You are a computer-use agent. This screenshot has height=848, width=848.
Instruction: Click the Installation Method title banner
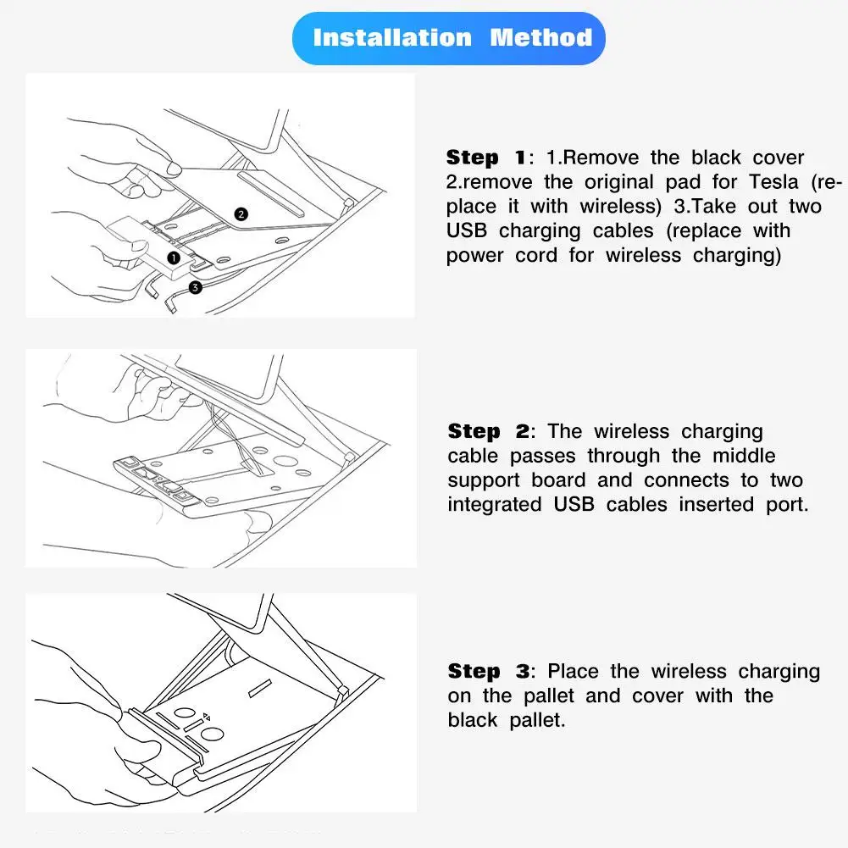point(449,38)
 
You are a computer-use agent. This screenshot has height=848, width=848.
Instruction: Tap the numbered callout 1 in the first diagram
point(173,256)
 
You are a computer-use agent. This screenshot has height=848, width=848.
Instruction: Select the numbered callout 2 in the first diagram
point(241,214)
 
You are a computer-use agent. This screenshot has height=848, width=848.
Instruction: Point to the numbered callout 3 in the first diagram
point(196,287)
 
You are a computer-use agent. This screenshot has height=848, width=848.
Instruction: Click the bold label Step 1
point(485,158)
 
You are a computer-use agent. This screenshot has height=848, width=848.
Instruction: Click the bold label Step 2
point(487,431)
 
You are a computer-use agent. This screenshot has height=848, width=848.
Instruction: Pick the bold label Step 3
point(487,672)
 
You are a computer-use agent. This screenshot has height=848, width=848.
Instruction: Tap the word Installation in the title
point(392,38)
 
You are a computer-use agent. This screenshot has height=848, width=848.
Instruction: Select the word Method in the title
point(540,38)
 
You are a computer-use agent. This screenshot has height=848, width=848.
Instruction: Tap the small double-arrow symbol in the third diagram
point(206,717)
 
